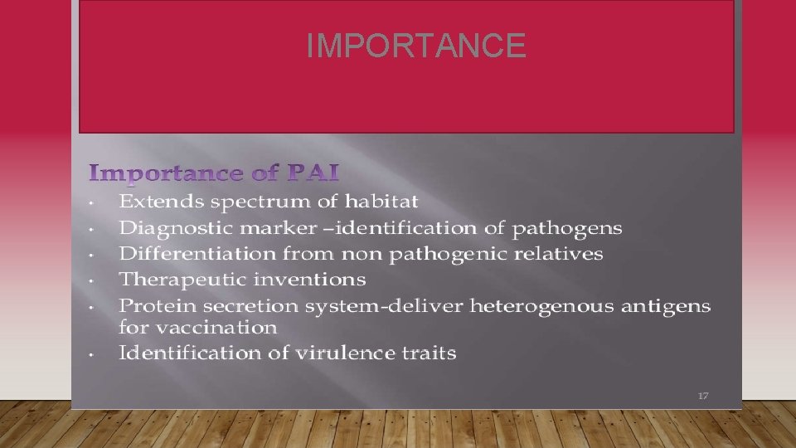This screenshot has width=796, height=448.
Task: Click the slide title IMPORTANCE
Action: (415, 46)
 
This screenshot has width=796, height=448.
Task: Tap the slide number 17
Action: (702, 396)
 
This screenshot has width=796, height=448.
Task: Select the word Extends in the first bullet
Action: (162, 202)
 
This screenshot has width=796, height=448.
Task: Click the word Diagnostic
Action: (174, 227)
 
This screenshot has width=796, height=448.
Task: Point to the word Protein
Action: (154, 306)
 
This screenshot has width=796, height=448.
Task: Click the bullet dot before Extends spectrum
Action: (97, 202)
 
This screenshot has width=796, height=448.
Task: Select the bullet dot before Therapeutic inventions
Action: (97, 279)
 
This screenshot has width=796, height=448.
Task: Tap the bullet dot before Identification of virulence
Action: (97, 353)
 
